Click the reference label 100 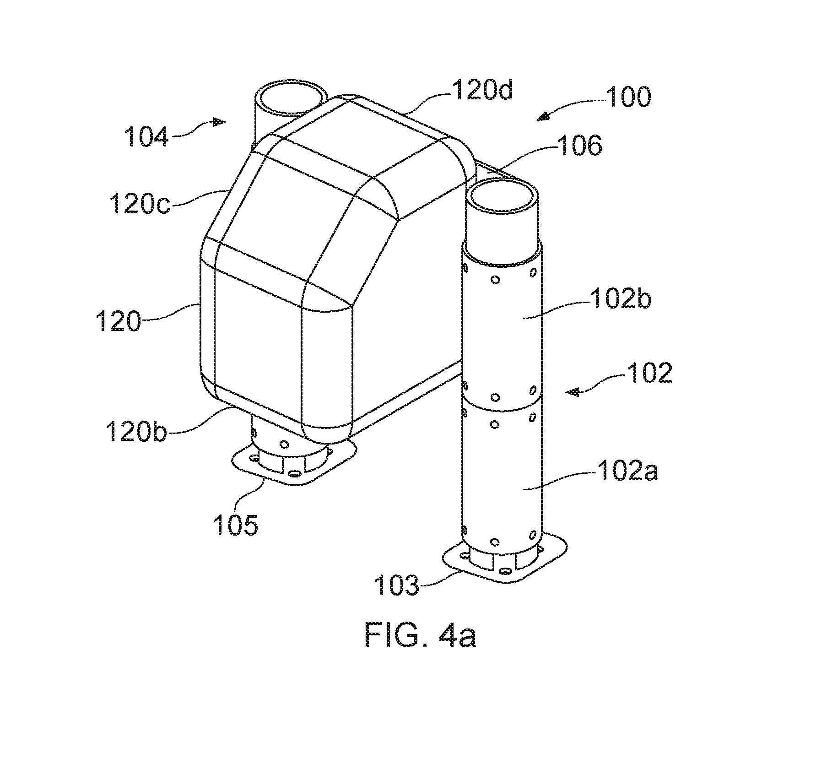628,97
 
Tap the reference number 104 146,137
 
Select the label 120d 483,90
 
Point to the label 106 579,146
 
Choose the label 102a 627,470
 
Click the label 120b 135,431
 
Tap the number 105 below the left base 235,525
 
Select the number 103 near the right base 397,585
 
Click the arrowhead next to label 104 220,122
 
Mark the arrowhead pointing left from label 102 573,391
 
